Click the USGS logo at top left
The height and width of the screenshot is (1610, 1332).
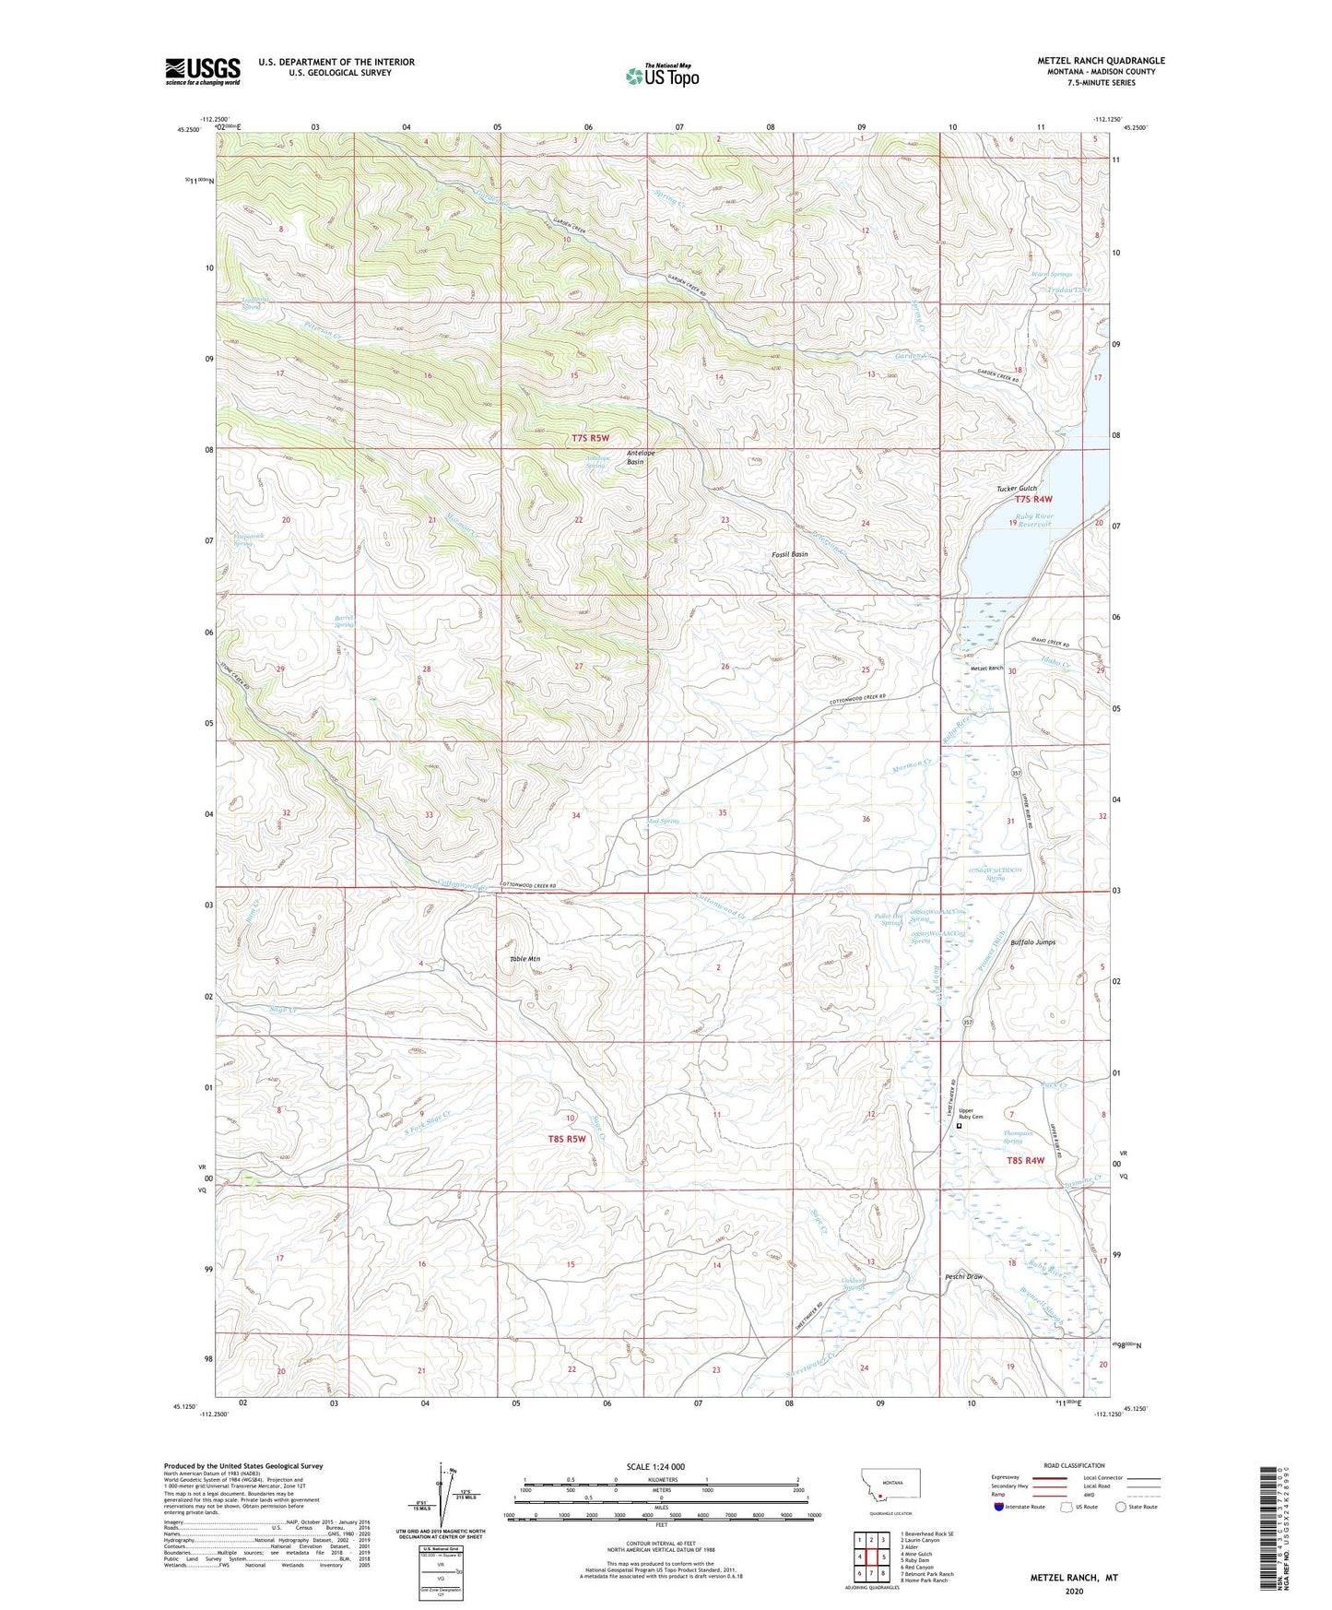coord(203,70)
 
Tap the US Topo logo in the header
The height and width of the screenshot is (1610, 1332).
coord(660,76)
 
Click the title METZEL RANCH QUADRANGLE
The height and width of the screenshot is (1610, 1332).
coord(1100,61)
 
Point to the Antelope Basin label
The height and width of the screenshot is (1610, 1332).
coord(648,456)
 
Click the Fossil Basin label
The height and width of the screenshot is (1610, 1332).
coord(790,554)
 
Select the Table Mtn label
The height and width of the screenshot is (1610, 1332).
coord(525,959)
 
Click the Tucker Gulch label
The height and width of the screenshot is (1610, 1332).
coord(1017,488)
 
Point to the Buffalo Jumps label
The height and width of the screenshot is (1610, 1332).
coord(1032,942)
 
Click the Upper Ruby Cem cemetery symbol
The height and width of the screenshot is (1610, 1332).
coord(960,1125)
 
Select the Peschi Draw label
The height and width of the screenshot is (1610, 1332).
coord(964,1277)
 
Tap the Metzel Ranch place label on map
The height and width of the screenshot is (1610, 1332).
coord(985,669)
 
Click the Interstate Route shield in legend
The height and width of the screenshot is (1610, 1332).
coord(999,1507)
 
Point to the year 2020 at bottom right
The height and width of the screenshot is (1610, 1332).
coord(1074,1592)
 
